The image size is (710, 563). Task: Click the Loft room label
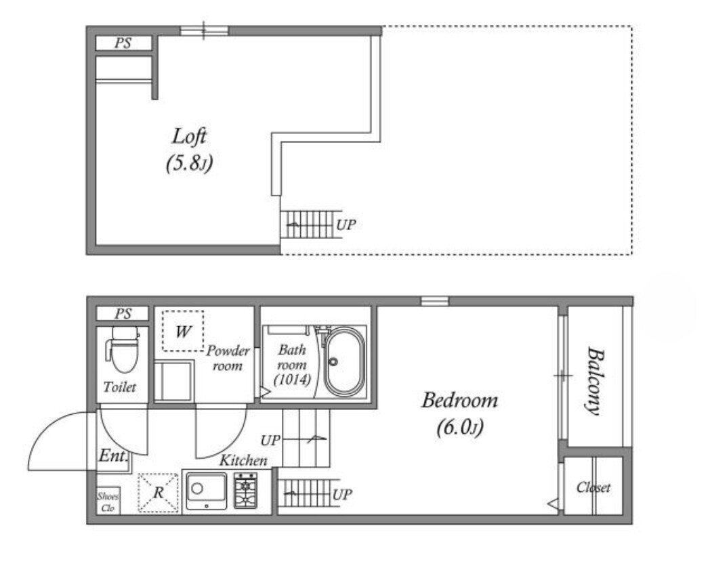point(189,136)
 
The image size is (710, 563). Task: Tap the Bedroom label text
point(459,400)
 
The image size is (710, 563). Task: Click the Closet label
point(593,487)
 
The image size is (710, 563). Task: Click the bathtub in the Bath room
point(345,361)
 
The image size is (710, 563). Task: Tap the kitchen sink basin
point(206,490)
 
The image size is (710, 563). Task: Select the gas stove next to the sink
point(246,490)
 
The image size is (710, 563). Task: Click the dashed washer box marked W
point(183,331)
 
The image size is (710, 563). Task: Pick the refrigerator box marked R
point(158,493)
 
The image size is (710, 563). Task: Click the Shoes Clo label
point(108,501)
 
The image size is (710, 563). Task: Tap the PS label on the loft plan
point(123,43)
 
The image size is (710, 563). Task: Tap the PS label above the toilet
point(123,313)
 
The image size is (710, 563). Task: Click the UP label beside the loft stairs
point(346,224)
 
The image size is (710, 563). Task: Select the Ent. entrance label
point(113,455)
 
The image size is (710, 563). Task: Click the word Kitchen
point(243,461)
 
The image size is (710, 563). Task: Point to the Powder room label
point(228,358)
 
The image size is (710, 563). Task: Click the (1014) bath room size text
point(292,380)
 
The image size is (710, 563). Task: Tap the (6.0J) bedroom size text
point(459,427)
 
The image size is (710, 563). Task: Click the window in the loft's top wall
point(204,31)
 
